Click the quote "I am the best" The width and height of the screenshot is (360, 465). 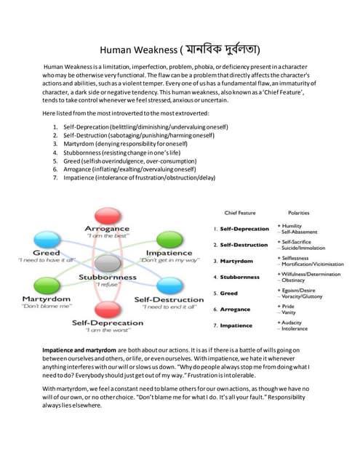point(107,237)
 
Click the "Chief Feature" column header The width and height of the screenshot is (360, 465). point(241,213)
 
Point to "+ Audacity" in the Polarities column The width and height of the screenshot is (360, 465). point(292,322)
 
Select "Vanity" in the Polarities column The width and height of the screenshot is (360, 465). point(292,312)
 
